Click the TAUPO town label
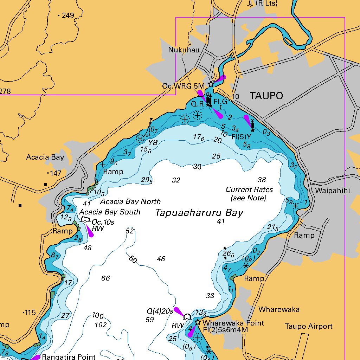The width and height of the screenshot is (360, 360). click(266, 96)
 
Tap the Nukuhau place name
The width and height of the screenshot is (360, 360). click(184, 50)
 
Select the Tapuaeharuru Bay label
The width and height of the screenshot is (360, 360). click(199, 213)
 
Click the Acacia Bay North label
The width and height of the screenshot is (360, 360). click(130, 201)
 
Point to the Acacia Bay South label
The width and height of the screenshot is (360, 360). click(110, 212)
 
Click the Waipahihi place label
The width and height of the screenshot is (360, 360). click(333, 191)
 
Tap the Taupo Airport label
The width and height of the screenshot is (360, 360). click(308, 326)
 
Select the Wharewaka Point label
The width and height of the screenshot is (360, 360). click(233, 323)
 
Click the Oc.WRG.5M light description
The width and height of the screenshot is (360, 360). click(183, 86)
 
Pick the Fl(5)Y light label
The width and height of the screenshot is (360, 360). click(242, 136)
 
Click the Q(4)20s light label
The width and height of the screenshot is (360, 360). click(160, 311)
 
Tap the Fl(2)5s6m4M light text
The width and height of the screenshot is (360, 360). click(225, 330)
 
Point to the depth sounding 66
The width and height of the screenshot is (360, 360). click(105, 278)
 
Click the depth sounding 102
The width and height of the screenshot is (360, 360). click(101, 325)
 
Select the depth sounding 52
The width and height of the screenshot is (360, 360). click(130, 231)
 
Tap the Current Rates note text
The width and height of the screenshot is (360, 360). click(249, 194)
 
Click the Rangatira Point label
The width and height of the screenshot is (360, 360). click(69, 357)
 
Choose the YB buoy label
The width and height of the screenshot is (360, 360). click(153, 142)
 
